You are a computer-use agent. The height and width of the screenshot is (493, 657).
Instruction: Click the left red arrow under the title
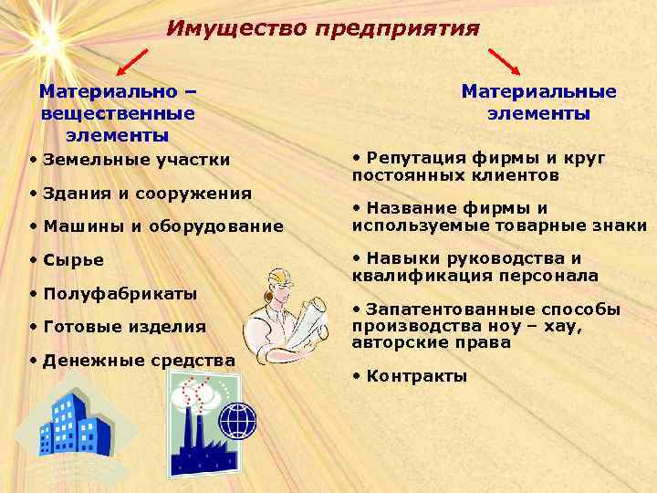(131, 61)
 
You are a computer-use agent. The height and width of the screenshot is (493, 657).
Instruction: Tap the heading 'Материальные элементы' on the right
(538, 102)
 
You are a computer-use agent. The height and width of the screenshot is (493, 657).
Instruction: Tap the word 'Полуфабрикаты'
(120, 293)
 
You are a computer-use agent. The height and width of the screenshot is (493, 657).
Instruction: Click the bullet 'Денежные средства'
(138, 361)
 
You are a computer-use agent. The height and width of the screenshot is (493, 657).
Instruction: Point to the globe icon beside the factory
(238, 420)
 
